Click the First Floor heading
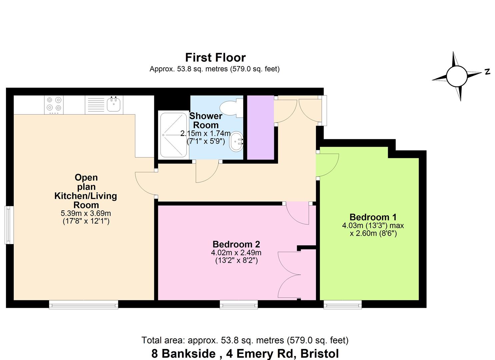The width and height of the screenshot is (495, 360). [215, 58]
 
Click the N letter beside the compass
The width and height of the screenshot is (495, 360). [487, 71]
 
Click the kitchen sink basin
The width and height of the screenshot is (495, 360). [114, 105]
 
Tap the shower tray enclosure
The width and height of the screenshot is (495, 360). [173, 135]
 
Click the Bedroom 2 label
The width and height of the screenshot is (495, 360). [236, 244]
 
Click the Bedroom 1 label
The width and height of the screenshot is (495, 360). [373, 217]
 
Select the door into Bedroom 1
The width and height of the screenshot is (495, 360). [328, 165]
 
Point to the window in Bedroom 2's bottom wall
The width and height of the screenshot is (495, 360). [238, 304]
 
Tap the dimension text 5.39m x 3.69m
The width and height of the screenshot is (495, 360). [86, 213]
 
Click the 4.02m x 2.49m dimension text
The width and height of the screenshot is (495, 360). [236, 253]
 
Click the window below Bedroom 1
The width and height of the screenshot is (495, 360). [343, 304]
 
